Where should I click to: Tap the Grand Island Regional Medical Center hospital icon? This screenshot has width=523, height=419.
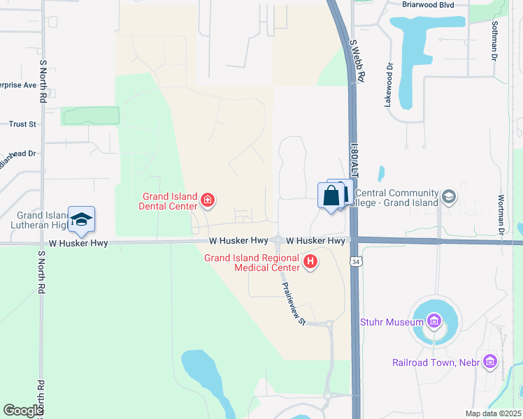311,263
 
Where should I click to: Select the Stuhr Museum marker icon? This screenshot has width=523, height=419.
434,322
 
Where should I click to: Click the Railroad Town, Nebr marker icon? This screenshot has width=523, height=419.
489,362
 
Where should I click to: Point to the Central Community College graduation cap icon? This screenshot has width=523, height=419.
447,198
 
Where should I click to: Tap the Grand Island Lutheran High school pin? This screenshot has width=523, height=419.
82,219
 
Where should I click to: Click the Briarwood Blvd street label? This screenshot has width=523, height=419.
434,4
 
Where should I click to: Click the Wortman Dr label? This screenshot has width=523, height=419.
501,214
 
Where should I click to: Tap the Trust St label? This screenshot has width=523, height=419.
22,124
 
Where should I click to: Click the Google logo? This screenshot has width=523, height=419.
23,411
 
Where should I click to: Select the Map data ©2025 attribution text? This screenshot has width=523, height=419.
492,413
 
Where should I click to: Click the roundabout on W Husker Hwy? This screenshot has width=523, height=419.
278,240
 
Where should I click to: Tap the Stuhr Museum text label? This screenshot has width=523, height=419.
392,322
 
